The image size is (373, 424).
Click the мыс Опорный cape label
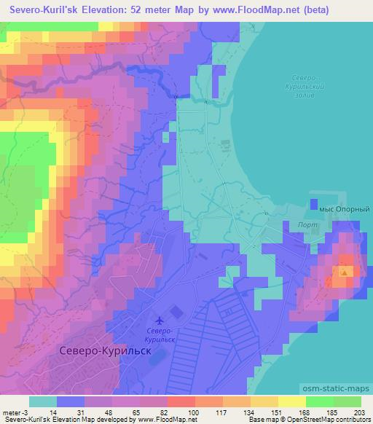point(341,208)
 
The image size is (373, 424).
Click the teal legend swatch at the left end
point(43,401)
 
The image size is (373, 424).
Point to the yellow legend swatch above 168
point(291,401)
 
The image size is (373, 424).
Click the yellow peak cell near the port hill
point(342,272)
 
